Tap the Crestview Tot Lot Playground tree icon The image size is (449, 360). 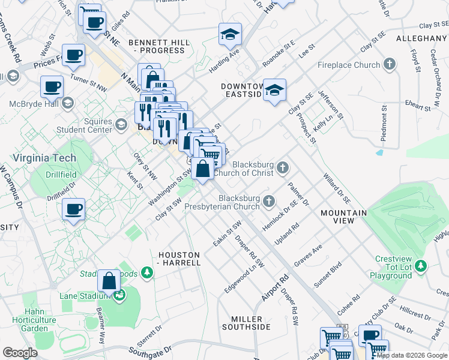pyautogui.click(x=421, y=265)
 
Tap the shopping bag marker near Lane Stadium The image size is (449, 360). pyautogui.click(x=109, y=281)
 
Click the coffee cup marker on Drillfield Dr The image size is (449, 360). pyautogui.click(x=74, y=209)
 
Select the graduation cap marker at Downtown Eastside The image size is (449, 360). pyautogui.click(x=275, y=91)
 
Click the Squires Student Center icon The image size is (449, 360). pyautogui.click(x=121, y=124)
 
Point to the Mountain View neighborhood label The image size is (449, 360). pyautogui.click(x=343, y=217)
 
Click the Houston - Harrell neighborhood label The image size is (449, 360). pyautogui.click(x=179, y=259)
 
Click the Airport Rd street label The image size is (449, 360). pyautogui.click(x=276, y=289)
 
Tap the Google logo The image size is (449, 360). pyautogui.click(x=20, y=352)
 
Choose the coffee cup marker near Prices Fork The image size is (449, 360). pyautogui.click(x=73, y=55)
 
